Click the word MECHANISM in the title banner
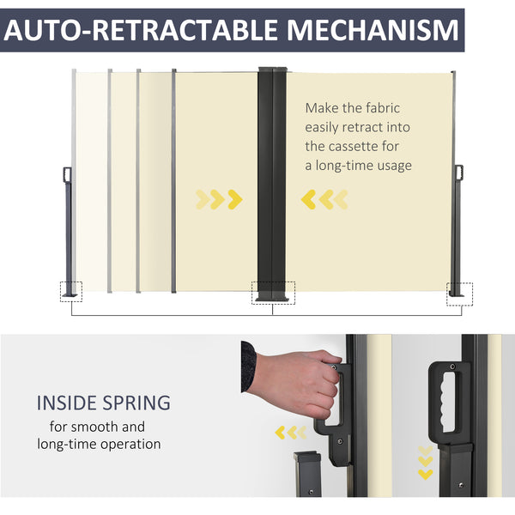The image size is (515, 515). click(x=373, y=30)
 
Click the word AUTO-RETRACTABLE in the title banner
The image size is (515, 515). click(x=141, y=30)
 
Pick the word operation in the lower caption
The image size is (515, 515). click(x=130, y=445)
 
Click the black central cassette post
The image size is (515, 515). click(x=272, y=184)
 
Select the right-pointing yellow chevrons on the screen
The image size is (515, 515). click(x=219, y=199)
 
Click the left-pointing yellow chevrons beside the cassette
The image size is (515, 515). click(x=324, y=199)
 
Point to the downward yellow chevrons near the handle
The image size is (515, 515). click(x=426, y=463)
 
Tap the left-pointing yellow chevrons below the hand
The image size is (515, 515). click(x=291, y=433)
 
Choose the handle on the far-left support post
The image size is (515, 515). click(x=67, y=174)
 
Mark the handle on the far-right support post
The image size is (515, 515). click(x=459, y=173)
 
